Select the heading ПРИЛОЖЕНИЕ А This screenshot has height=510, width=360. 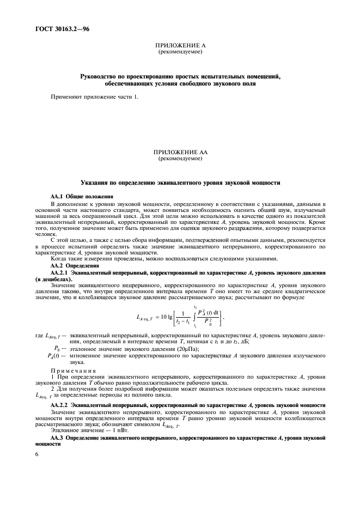(180, 46)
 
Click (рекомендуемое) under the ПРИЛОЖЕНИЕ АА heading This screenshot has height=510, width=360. (180, 160)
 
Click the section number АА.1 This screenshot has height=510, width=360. (58, 196)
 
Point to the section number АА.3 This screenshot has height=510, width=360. (58, 438)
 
